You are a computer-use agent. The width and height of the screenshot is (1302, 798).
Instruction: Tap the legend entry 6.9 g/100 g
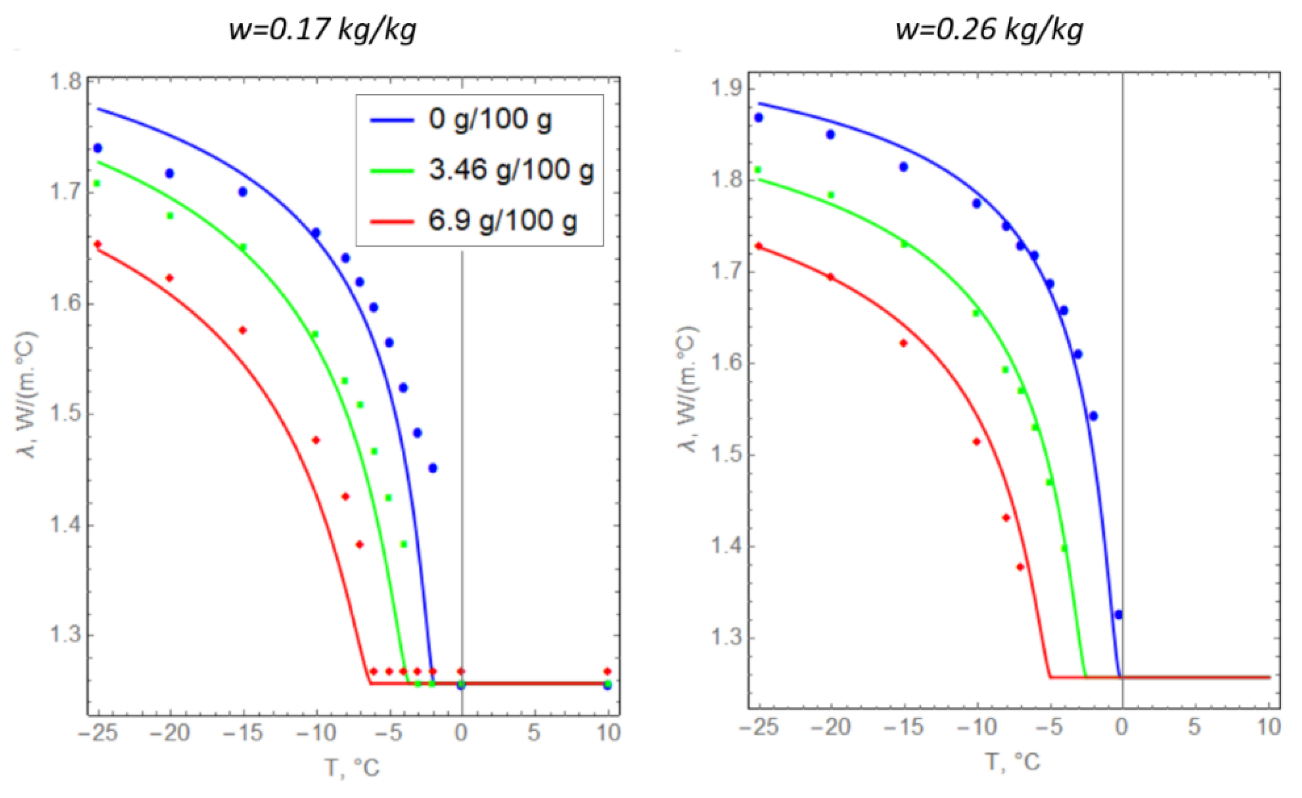(502, 220)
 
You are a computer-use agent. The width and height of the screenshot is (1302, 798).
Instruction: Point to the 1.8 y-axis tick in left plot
(64, 83)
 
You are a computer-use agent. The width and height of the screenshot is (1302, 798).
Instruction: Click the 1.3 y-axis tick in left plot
(64, 635)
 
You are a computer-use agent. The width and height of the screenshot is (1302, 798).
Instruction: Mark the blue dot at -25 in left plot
(97, 148)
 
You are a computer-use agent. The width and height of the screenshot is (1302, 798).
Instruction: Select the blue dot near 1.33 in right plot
(1118, 615)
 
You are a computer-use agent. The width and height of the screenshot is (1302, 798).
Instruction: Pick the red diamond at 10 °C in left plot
(607, 671)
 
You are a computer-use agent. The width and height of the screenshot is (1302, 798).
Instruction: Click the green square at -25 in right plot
(758, 170)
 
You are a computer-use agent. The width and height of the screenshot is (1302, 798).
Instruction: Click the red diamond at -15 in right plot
(904, 343)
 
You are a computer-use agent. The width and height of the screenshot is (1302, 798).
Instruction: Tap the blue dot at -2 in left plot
(433, 468)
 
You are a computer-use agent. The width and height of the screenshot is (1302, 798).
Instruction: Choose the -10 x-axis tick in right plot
(976, 727)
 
